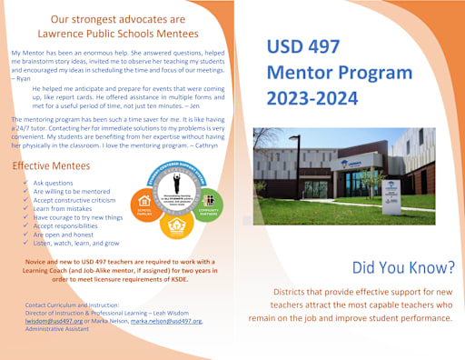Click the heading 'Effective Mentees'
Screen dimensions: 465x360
51,166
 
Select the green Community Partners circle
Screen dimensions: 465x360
207,197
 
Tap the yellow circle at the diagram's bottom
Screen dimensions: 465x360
176,224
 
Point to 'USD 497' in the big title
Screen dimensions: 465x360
304,46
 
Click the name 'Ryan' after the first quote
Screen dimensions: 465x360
24,79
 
